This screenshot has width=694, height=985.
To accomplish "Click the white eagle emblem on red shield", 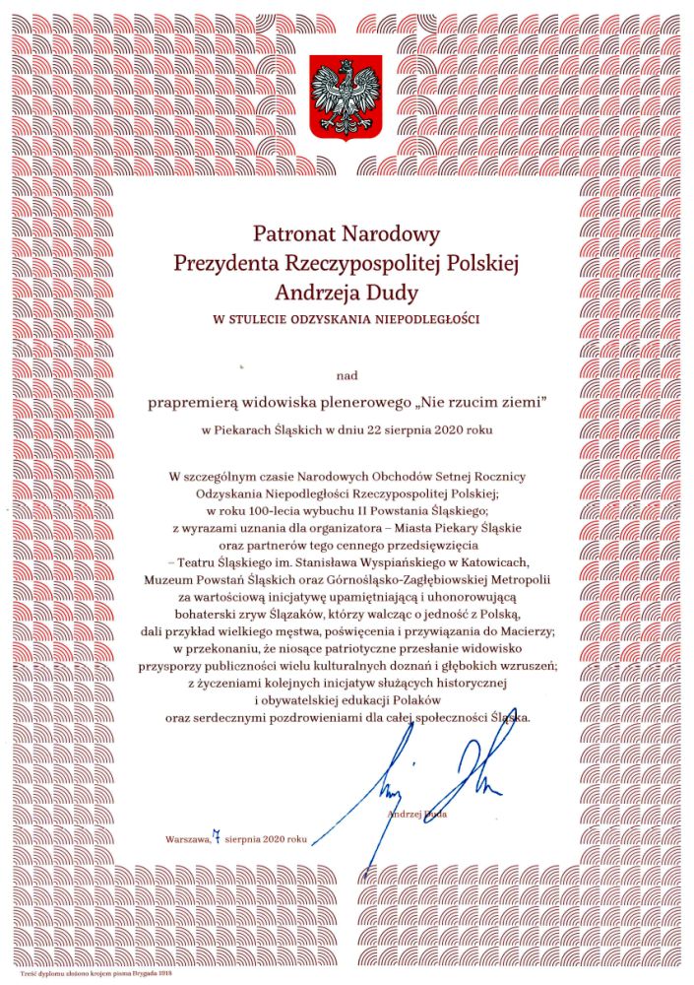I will tap(346, 99).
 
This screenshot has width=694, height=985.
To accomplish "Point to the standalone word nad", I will tap(347, 375).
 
